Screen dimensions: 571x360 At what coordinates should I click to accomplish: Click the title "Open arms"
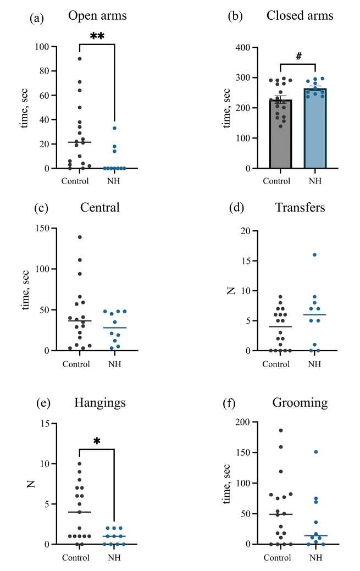pos(97,15)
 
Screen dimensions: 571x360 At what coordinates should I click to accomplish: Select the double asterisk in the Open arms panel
pos(97,37)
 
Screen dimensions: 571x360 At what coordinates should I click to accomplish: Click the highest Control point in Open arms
pos(80,59)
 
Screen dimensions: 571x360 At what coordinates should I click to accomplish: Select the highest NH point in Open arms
pos(114,128)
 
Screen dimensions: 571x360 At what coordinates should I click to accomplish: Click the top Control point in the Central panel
pos(80,237)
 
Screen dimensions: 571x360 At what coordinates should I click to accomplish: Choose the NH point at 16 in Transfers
pos(315,255)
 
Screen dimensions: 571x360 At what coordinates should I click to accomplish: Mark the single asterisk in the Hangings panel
pos(97,441)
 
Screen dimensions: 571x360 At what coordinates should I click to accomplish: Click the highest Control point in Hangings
pos(80,463)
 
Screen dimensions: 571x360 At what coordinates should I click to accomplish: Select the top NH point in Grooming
pos(315,452)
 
